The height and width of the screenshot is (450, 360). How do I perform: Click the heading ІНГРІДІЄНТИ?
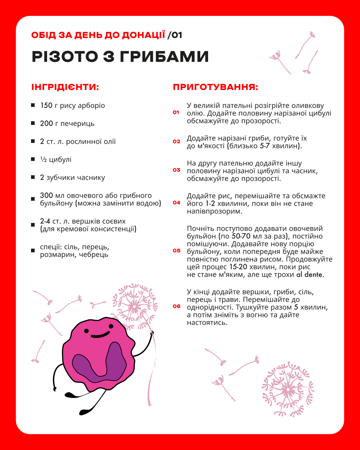(x=65, y=87)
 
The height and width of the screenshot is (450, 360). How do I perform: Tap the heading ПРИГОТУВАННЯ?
(x=215, y=87)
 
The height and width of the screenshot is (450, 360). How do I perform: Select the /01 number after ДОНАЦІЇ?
(x=175, y=35)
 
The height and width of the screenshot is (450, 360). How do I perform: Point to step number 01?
(x=176, y=113)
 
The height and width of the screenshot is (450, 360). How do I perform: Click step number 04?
(x=176, y=203)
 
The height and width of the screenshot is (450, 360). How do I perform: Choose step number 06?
(x=176, y=306)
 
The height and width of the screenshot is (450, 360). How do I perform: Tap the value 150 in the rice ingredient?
(x=46, y=106)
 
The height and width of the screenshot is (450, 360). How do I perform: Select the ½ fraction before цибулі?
(x=43, y=160)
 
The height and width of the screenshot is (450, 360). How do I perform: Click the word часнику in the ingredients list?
(x=91, y=178)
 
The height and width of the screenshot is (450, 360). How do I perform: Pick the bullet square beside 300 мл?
(x=33, y=199)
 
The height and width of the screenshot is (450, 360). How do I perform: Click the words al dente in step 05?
(x=309, y=275)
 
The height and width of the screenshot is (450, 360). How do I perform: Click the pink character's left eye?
(x=86, y=331)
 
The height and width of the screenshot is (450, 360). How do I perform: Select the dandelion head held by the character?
(x=134, y=306)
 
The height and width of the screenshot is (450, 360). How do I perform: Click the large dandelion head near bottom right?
(x=288, y=389)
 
